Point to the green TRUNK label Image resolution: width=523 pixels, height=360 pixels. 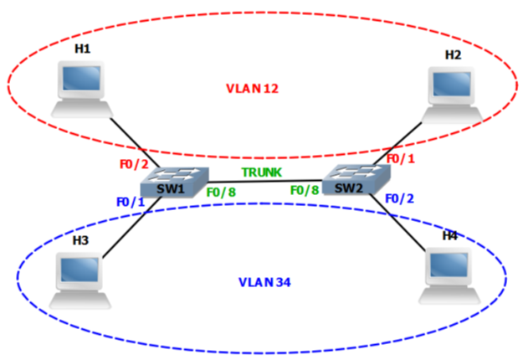(x=262, y=172)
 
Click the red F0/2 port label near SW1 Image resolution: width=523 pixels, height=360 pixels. (x=133, y=165)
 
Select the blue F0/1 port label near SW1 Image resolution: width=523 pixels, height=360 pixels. (x=131, y=201)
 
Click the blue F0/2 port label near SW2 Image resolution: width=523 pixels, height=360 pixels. (x=399, y=198)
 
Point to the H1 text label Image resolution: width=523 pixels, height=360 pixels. (x=81, y=49)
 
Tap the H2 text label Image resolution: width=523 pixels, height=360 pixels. (x=453, y=54)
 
